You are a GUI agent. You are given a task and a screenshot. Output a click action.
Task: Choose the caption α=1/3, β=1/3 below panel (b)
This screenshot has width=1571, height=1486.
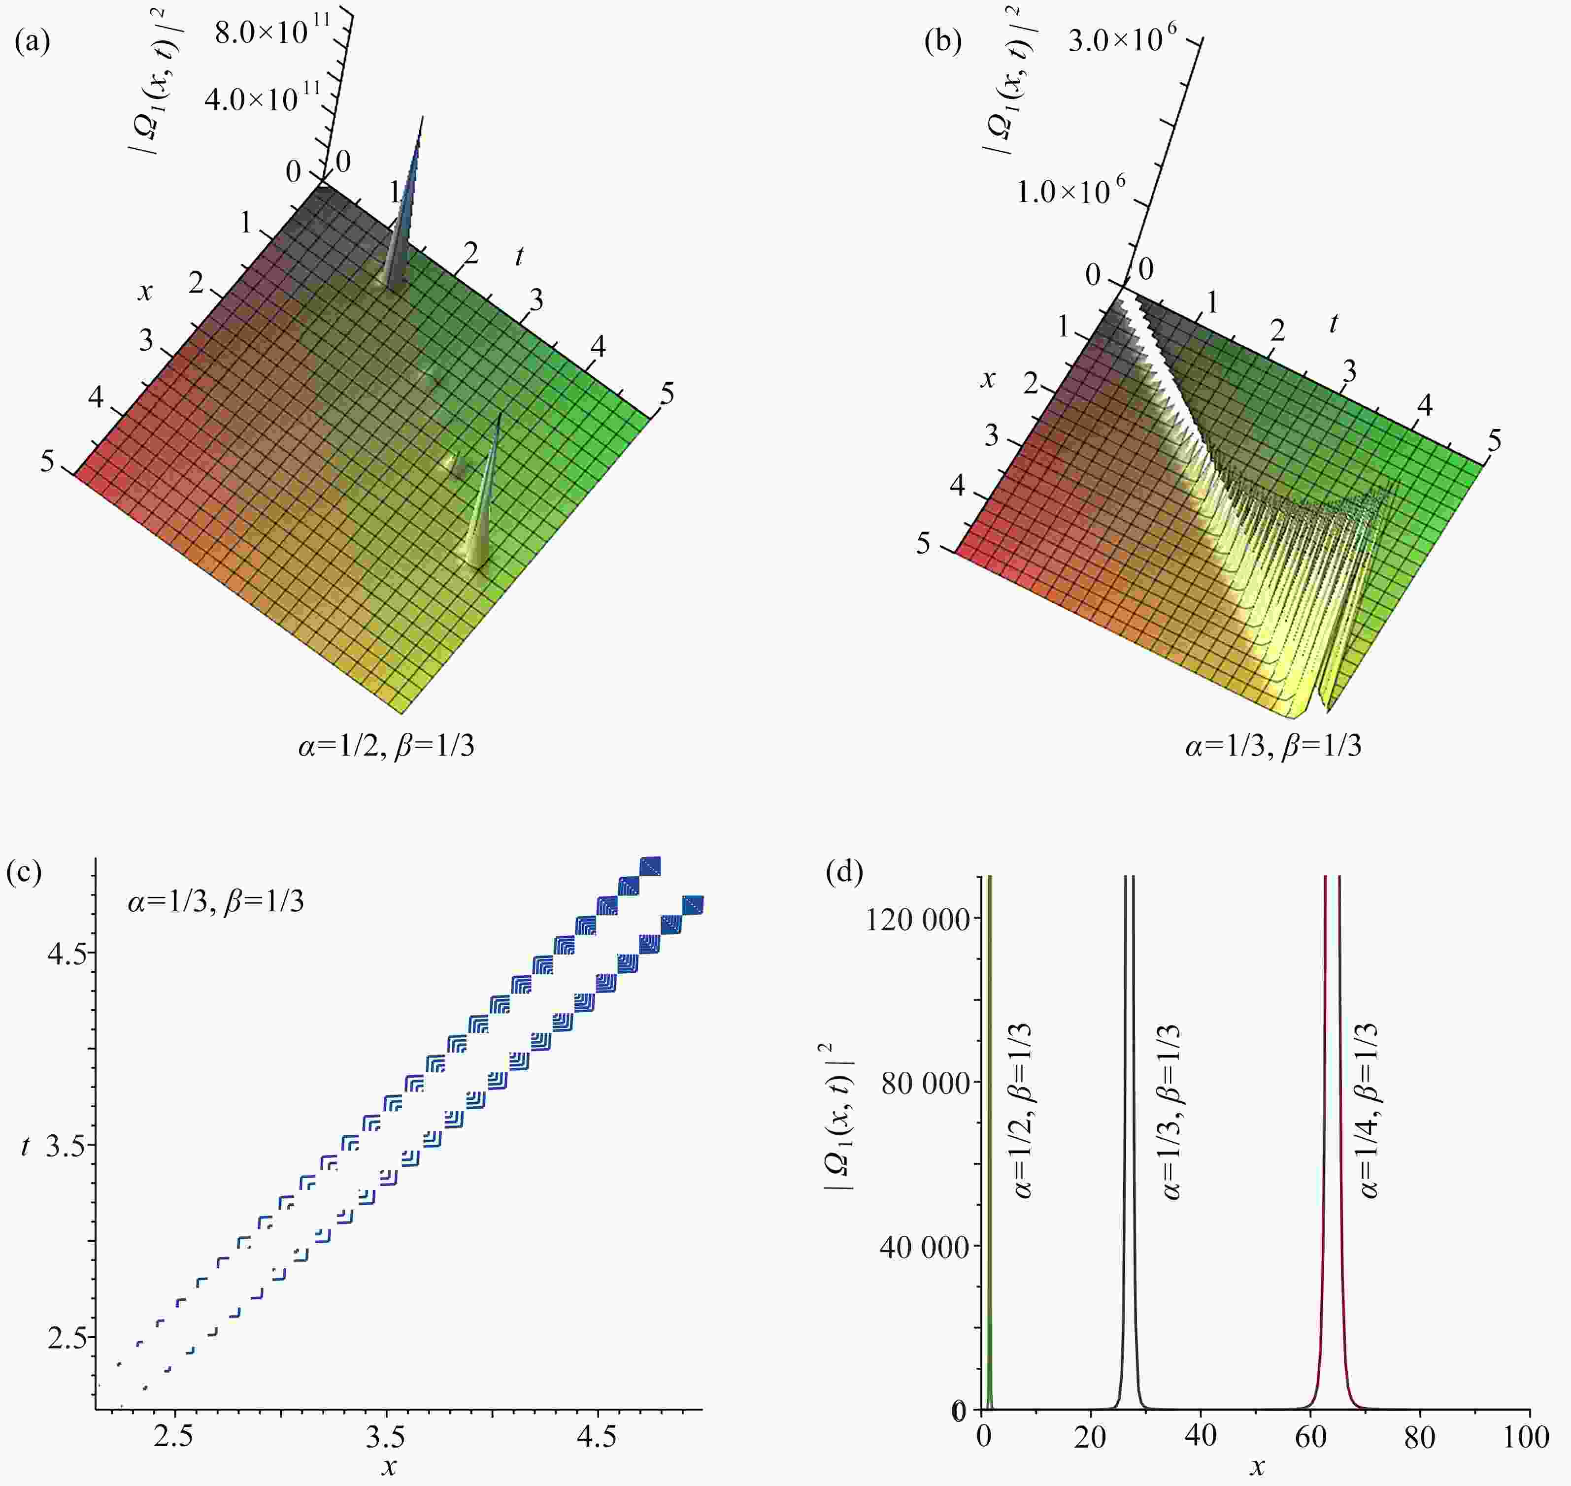[x=1273, y=745]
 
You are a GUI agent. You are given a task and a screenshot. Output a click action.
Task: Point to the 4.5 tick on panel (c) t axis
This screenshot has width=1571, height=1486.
[x=67, y=952]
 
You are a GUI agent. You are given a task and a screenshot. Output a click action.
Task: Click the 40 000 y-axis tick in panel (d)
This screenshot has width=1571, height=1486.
[x=924, y=1248]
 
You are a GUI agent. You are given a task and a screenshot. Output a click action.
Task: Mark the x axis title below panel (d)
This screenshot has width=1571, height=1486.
[x=1257, y=1467]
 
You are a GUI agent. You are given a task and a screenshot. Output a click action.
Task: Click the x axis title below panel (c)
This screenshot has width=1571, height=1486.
[x=388, y=1467]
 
